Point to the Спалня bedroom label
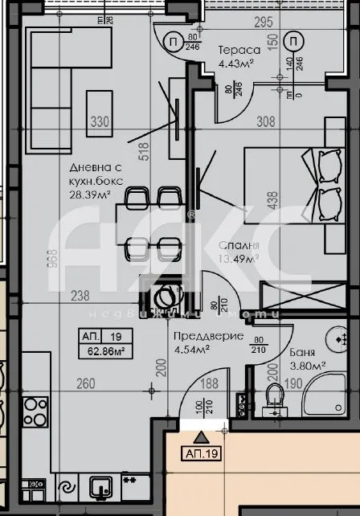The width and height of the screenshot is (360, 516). coord(239,245)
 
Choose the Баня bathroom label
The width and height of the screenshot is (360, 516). coord(305,352)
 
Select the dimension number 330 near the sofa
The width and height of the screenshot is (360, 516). coord(98,123)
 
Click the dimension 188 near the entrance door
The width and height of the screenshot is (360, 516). coord(209,384)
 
